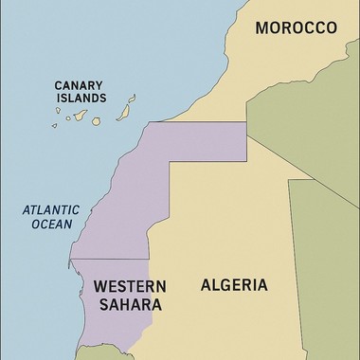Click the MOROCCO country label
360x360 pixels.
295,28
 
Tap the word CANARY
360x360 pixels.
79,82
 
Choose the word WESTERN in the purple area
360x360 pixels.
130,286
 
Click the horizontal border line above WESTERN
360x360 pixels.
109,259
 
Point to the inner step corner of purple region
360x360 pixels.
170,162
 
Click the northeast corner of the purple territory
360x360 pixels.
246,122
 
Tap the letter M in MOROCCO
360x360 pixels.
262,28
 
